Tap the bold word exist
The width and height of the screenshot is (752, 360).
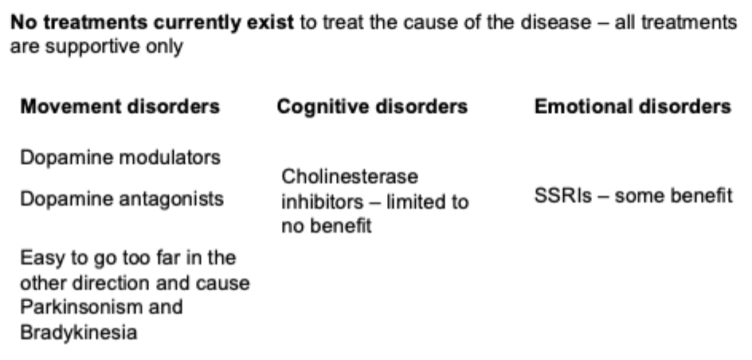coord(270,22)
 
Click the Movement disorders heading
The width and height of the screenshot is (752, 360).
coord(120,107)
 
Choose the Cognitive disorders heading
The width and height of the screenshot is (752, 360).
coord(372,107)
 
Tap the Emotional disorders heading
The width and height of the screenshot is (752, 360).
coord(633,107)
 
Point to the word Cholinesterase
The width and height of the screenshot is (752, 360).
coord(350,177)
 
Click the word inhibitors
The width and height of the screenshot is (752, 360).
coord(323,202)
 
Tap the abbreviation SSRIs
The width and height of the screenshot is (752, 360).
coord(563,196)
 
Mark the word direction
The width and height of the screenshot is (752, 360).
coord(112,284)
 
